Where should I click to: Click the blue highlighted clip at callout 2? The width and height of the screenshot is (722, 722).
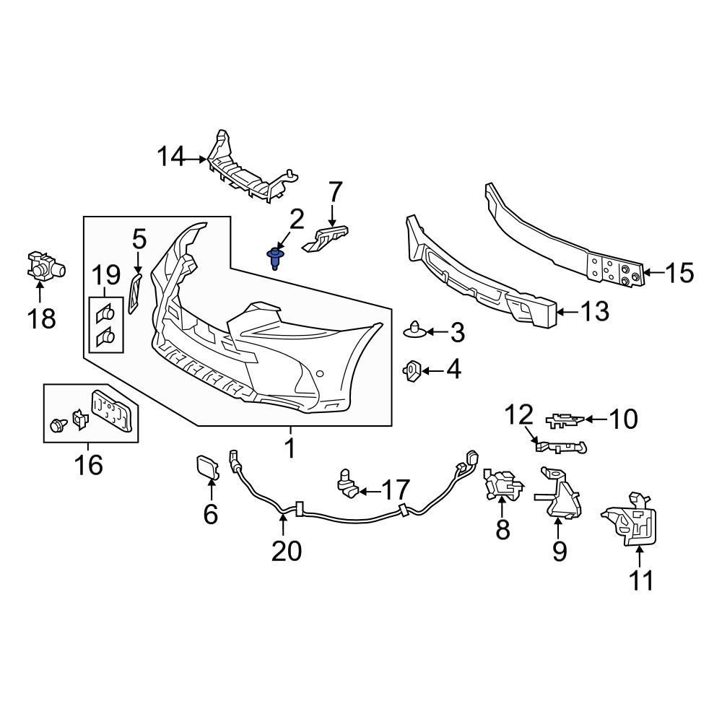tap(275, 257)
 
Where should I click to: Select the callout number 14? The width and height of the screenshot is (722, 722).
tap(172, 157)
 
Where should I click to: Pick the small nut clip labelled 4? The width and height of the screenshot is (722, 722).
tap(411, 370)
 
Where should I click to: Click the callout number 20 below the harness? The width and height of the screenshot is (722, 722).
tap(287, 550)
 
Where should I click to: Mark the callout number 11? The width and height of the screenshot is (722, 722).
tap(640, 579)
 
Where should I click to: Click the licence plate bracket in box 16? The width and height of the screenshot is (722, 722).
tap(113, 409)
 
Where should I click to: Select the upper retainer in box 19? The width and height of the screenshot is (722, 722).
tap(105, 312)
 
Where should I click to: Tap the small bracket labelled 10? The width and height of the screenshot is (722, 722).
tap(565, 418)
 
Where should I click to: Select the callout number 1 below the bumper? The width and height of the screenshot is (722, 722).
tap(290, 448)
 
